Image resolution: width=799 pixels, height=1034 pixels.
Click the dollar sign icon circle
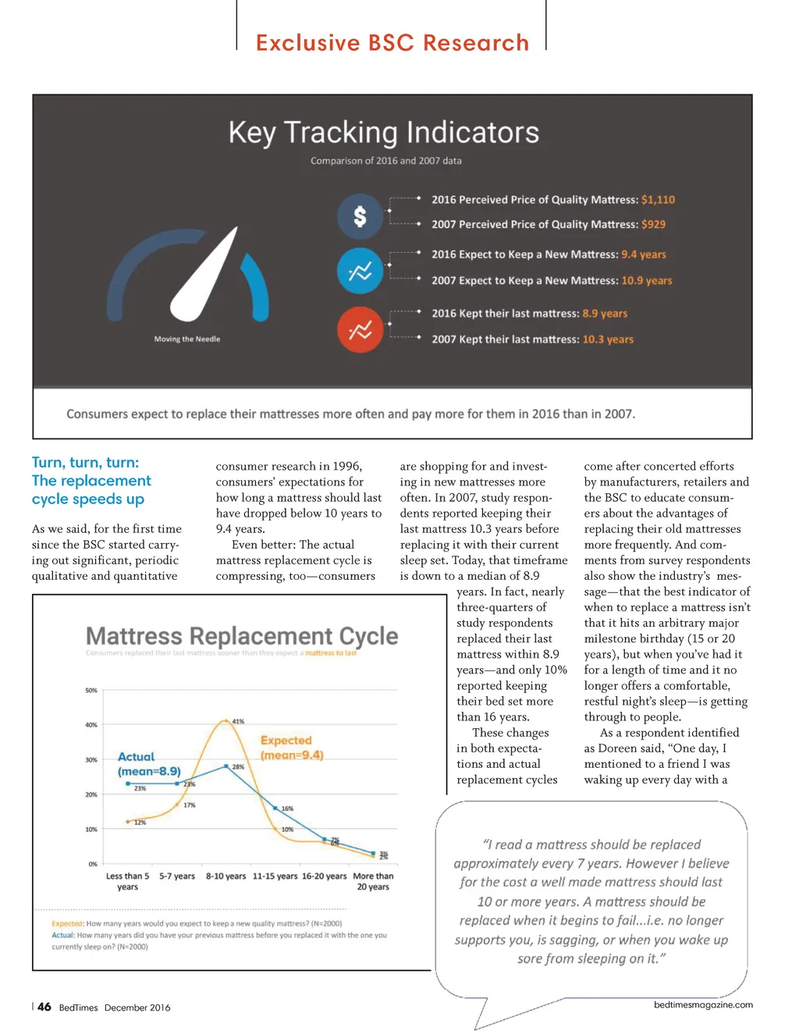point(360,216)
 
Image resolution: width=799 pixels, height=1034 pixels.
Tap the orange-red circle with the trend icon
point(360,330)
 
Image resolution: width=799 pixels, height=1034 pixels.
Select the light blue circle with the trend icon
point(360,272)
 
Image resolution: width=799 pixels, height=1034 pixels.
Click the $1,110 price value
point(658,200)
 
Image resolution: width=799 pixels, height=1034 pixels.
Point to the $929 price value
point(653,225)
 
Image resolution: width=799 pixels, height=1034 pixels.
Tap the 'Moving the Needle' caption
point(187,339)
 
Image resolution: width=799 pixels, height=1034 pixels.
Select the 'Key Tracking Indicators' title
point(383,133)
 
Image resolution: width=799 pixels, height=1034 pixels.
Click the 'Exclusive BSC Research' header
point(392,43)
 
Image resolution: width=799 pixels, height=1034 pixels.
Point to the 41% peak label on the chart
point(238,721)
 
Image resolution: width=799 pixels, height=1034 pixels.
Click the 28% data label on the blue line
point(238,767)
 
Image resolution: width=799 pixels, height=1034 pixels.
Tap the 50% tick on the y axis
point(91,691)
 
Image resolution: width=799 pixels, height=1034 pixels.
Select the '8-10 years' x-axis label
point(225,876)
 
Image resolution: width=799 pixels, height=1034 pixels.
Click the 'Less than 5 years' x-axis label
point(127,881)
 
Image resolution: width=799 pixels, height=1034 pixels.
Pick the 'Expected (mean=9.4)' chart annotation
point(290,748)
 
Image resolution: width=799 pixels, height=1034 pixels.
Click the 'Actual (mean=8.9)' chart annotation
point(148,764)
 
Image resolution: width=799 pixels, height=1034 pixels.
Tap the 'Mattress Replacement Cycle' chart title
point(242,636)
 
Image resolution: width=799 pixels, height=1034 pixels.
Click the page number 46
point(44,1007)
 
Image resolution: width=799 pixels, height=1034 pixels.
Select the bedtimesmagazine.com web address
point(703,1005)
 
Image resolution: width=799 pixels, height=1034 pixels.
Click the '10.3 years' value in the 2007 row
point(608,339)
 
